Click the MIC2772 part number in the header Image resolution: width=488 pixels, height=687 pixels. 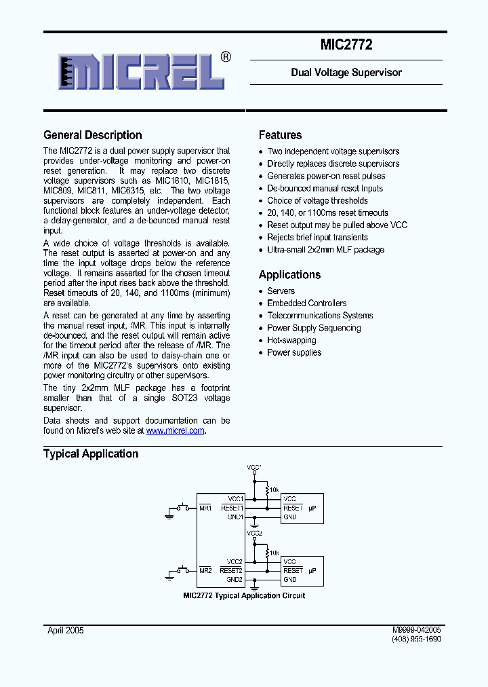point(346,45)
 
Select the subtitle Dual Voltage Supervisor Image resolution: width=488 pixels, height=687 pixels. point(346,73)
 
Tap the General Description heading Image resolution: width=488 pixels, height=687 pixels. point(93,135)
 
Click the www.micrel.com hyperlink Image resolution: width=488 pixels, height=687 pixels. point(175,430)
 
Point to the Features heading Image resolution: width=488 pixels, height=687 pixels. point(280,135)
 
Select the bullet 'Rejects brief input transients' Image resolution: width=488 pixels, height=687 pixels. point(317,238)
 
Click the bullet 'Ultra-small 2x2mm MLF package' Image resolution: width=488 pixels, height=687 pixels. point(325,250)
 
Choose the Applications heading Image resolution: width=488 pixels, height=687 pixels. point(289,275)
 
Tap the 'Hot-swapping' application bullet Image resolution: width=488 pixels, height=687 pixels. point(291,340)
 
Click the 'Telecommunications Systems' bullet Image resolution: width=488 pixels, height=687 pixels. point(320,316)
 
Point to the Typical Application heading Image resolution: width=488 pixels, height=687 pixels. point(91,453)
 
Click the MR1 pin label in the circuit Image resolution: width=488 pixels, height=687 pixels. point(205,508)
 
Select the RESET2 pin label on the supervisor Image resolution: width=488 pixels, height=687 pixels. point(232,571)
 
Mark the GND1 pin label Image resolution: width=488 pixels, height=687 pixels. point(235,517)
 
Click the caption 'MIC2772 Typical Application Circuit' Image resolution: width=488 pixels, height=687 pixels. point(244,595)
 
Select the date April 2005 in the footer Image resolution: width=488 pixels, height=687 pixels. point(66,630)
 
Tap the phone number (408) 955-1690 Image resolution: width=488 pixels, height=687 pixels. point(416,639)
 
